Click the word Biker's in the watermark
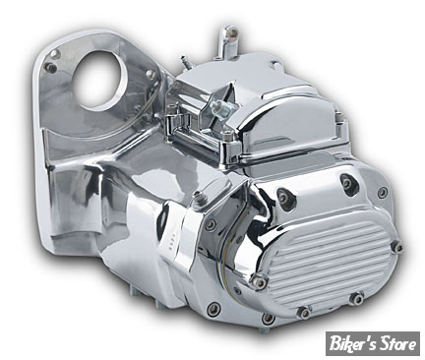click(350, 344)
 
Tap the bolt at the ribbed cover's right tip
click(397, 247)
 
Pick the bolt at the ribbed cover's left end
click(259, 282)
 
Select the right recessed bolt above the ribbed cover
click(346, 181)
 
